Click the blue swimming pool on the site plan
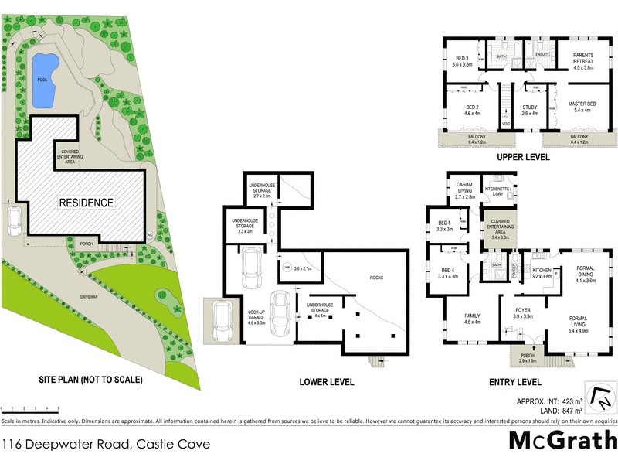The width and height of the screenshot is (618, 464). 42,80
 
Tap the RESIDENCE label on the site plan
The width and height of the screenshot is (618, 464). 87,203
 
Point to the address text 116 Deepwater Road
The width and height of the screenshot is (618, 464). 105,444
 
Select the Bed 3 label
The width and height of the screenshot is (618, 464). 463,62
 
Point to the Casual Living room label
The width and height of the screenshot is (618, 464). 464,193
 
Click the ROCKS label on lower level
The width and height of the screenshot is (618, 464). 376,277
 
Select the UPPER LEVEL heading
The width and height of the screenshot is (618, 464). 523,157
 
